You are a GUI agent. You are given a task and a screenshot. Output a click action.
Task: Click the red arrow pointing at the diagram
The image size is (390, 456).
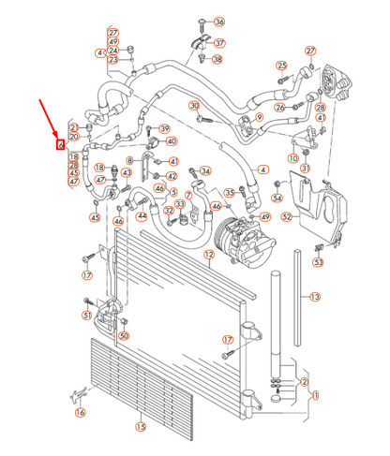[50, 116]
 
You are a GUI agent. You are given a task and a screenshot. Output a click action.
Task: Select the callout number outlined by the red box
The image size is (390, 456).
[60, 145]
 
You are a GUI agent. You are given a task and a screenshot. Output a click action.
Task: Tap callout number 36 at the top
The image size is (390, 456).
[219, 22]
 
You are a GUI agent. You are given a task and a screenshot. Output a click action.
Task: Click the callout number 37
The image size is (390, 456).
[219, 43]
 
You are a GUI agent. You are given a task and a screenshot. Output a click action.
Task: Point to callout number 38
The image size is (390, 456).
[217, 60]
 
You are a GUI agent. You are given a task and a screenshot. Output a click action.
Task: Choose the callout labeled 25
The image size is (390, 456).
[280, 65]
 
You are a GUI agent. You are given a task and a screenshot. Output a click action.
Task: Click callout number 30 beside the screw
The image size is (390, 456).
[195, 106]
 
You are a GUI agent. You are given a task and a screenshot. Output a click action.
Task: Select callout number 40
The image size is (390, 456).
[172, 141]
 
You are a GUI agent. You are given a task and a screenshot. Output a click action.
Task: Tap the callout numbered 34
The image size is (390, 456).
[205, 171]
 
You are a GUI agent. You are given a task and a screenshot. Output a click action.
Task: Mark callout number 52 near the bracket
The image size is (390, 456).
[287, 216]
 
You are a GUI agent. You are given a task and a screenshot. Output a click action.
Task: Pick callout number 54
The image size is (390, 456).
[277, 199]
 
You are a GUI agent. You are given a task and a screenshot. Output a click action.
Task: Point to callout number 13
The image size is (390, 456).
[315, 297]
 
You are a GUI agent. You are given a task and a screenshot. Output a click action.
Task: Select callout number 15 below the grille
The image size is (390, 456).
[141, 427]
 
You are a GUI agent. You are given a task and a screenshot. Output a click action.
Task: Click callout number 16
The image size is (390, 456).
[80, 411]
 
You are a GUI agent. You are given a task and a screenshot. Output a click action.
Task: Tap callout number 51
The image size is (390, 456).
[87, 316]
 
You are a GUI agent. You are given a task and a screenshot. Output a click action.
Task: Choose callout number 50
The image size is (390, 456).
[123, 335]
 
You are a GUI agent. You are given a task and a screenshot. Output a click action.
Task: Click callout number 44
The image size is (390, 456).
[142, 215]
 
